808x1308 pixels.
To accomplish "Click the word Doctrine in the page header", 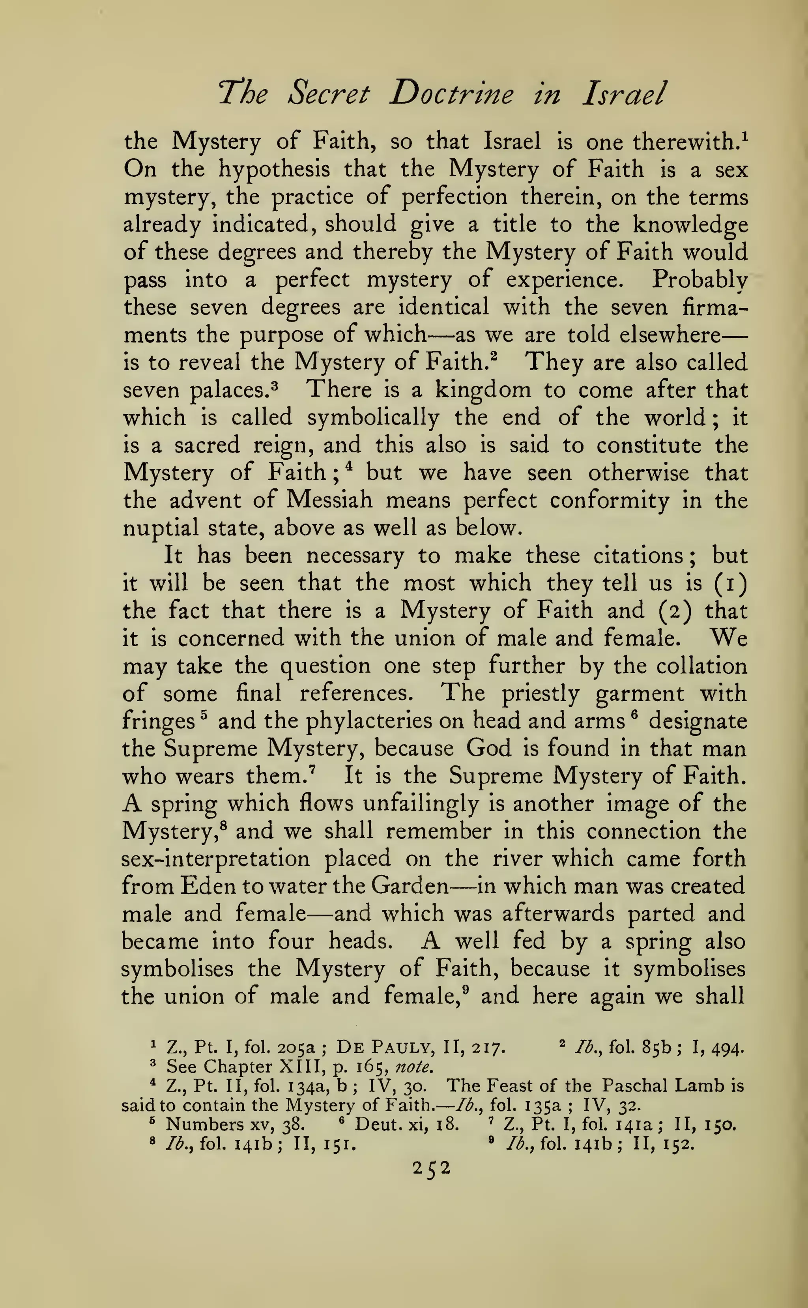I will [452, 94].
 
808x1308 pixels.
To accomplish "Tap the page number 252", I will [432, 1168].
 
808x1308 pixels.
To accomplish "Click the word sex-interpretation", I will [215, 859].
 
